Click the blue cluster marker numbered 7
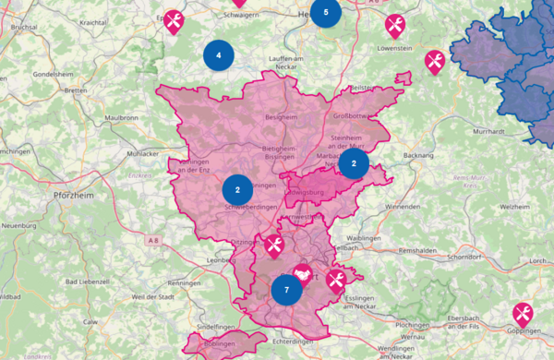pos(287,289)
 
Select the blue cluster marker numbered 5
pos(325,13)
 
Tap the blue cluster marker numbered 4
pos(218,55)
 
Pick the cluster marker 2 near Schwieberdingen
pos(237,189)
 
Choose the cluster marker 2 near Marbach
pos(354,163)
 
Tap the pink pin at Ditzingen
pos(274,245)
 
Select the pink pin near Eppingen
pos(174,20)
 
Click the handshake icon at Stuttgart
pos(303,273)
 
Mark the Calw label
pos(90,321)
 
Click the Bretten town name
pos(76,90)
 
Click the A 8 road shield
pos(153,240)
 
